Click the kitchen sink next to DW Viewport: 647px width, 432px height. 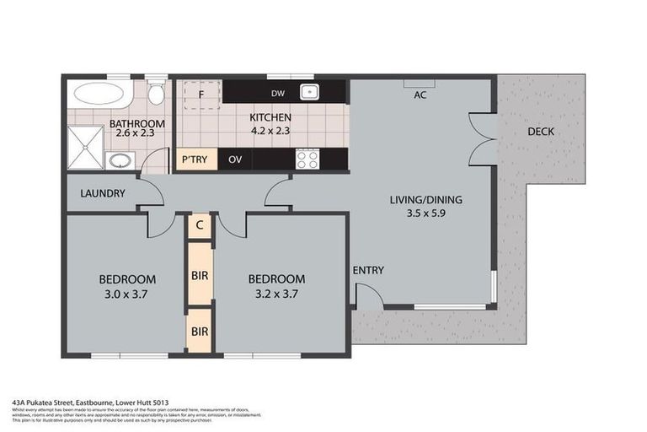[x=310, y=92]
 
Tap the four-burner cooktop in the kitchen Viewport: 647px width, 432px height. [x=307, y=158]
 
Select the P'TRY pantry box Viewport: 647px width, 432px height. [x=195, y=159]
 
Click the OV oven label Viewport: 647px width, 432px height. [x=235, y=159]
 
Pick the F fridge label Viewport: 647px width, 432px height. [x=201, y=94]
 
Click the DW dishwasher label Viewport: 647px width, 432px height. [x=277, y=93]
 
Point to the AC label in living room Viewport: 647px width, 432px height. [x=420, y=94]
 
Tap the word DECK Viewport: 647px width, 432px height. [x=541, y=132]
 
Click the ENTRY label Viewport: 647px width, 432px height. [x=369, y=270]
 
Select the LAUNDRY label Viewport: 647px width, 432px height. [x=103, y=193]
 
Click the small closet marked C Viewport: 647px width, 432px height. [x=199, y=224]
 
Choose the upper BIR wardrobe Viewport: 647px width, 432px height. [x=200, y=275]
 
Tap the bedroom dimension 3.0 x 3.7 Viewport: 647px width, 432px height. [x=126, y=294]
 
